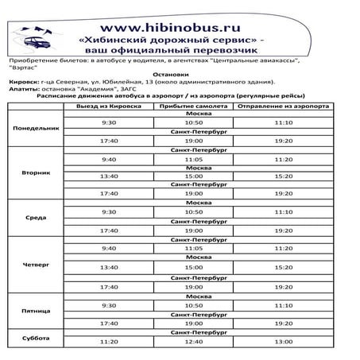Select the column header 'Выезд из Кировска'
[110, 105]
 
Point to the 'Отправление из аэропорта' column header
[282, 105]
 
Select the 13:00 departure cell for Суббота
[282, 341]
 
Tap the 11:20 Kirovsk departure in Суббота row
[110, 341]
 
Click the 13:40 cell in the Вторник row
[110, 176]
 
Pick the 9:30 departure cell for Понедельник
[110, 123]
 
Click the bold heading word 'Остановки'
[180, 72]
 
